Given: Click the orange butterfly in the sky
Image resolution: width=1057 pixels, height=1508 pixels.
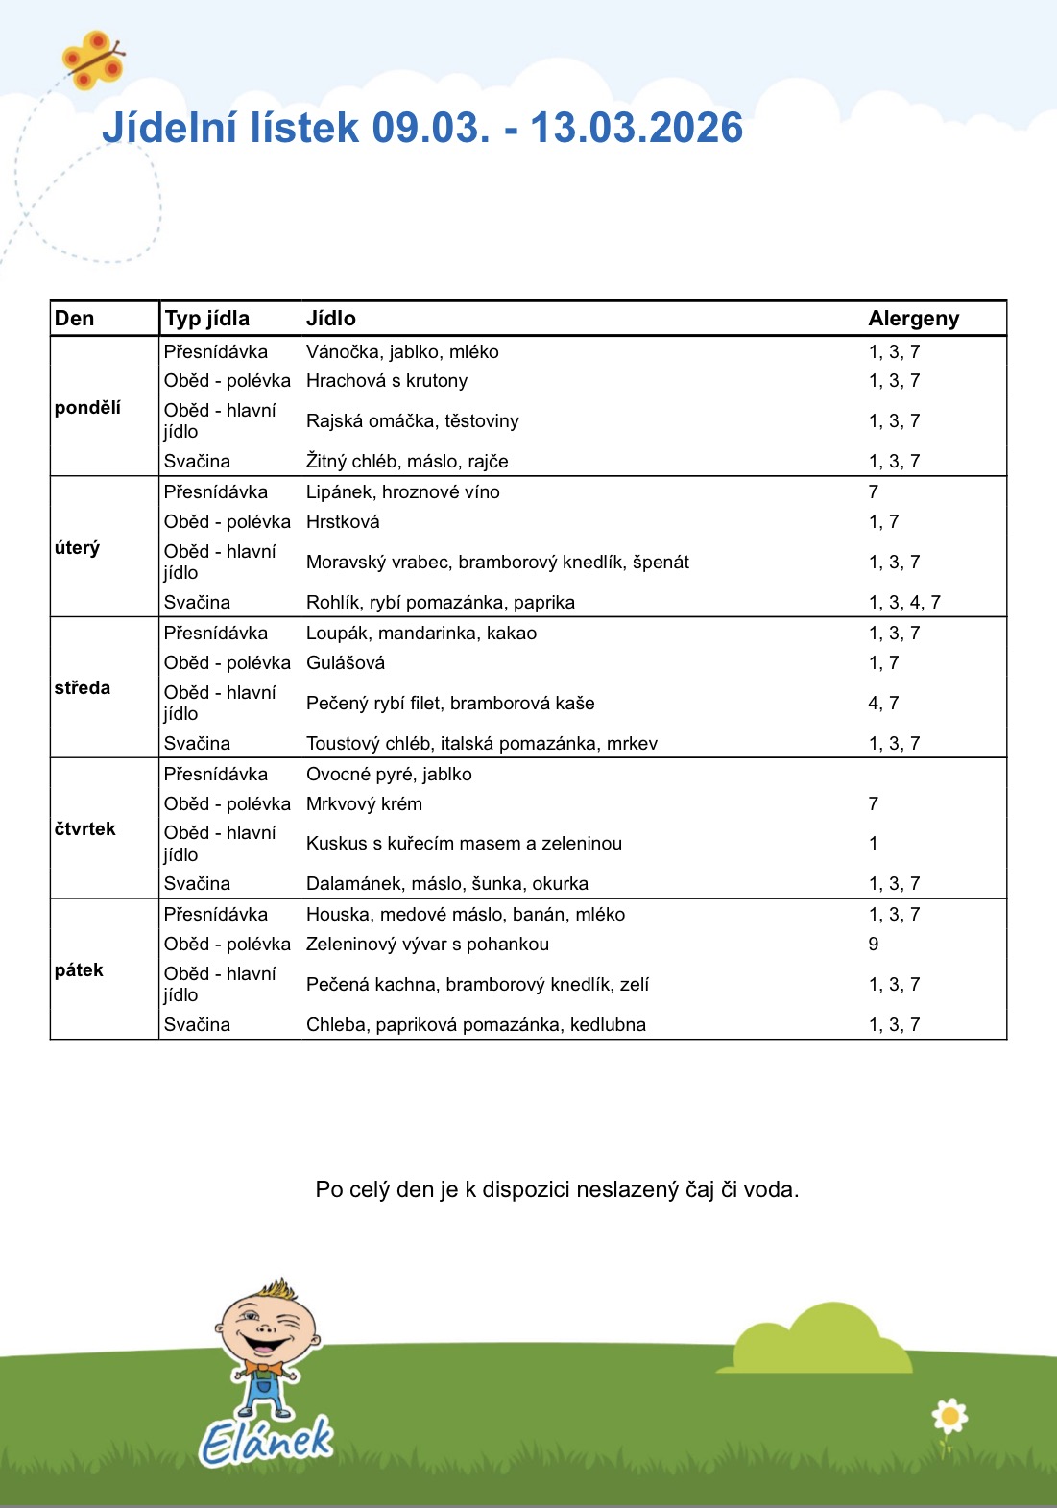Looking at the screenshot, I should coord(93,60).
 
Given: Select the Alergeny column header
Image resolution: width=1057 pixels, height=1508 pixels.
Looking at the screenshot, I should coord(913,319).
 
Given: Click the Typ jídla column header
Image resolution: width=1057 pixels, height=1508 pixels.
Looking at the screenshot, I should coord(206,319).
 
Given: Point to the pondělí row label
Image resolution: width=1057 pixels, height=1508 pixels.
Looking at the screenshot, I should coord(87,408).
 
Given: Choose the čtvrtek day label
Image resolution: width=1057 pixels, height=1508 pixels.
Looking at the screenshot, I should coord(84,828).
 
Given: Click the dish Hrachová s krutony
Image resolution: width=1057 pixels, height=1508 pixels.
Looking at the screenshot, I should coord(387,381).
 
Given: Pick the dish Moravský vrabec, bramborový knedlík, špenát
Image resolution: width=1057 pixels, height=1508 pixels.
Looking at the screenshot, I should coord(497,563).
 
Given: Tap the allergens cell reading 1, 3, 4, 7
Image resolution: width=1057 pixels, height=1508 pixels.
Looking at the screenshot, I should coord(904,603).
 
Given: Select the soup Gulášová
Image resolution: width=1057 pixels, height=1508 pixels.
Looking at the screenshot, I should coord(346,663).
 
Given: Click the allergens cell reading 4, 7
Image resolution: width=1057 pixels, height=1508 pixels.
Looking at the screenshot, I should coord(883,704).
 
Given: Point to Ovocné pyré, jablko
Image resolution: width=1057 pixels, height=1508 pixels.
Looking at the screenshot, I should coord(389,775).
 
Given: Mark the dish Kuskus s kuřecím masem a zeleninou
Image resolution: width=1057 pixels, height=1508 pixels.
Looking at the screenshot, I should coord(464,844).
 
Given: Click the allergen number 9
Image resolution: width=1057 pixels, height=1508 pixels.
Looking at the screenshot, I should coord(874,945).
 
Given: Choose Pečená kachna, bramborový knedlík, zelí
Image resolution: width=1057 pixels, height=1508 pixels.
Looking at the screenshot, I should coord(477,985).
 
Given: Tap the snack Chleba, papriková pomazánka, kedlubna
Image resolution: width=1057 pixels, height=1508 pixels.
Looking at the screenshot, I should coord(476,1025).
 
